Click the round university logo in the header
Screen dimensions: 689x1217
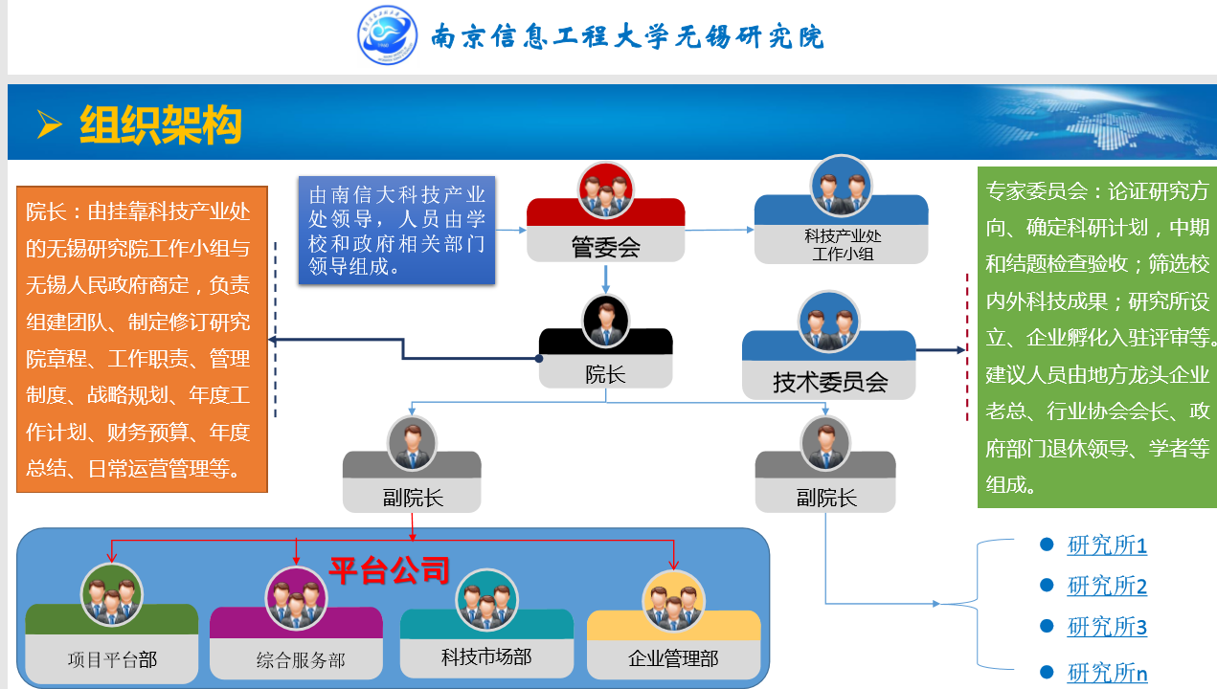(388, 35)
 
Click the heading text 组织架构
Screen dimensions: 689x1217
(161, 124)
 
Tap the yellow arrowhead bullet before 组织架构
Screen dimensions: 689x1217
(49, 123)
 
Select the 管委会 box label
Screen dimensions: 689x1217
(605, 247)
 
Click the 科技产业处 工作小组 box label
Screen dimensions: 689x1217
(842, 245)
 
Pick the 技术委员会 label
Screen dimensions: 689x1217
(830, 383)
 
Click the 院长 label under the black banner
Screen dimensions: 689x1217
(605, 373)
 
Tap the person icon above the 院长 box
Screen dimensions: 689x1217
(605, 322)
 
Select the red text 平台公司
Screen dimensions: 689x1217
(389, 570)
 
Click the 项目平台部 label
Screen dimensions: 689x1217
(112, 659)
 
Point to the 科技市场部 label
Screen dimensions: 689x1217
(485, 656)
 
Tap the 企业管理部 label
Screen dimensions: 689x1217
(672, 659)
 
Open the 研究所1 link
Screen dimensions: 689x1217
(1107, 545)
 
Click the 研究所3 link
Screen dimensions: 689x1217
(1107, 627)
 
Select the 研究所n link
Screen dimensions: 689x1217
(1107, 673)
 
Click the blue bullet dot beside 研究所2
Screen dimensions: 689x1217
(1047, 585)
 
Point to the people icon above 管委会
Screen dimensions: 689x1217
(606, 190)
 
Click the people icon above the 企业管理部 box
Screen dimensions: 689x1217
(674, 600)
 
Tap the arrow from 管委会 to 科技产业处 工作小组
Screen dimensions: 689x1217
(718, 230)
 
